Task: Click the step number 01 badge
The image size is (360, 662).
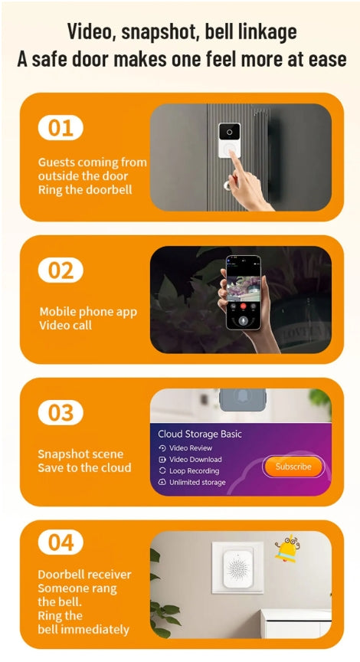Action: pos(61,128)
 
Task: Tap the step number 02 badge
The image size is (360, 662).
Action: pos(61,270)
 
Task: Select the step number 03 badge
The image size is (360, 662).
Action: pos(61,413)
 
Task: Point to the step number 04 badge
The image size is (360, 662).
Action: pos(61,542)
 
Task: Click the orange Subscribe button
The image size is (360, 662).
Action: pos(293,466)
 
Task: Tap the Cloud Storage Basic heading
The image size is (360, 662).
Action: pos(199,434)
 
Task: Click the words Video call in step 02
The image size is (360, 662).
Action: pos(65,326)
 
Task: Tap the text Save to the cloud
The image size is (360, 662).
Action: pos(84,467)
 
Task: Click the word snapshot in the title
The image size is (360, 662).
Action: pos(153,31)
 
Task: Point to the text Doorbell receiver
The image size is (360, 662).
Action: pos(84,575)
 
